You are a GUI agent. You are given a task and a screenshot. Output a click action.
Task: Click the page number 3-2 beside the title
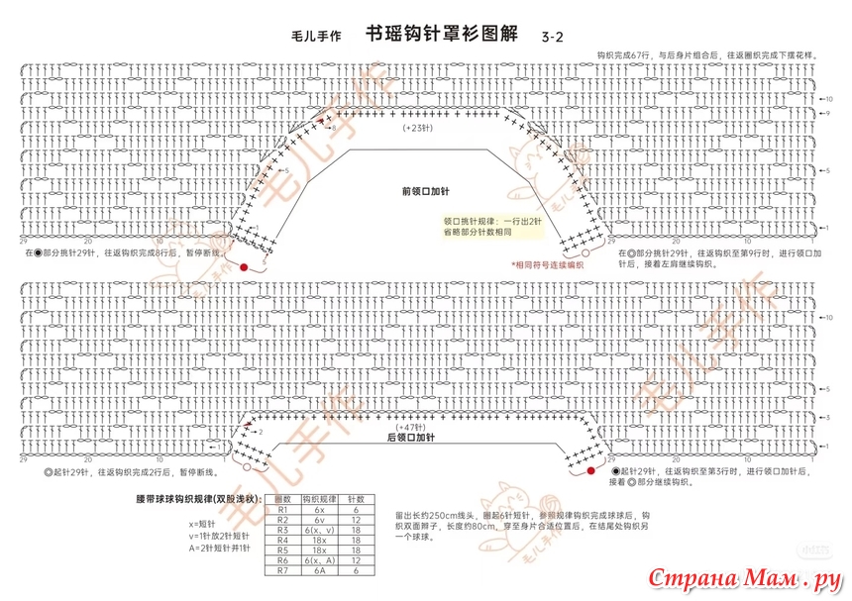click(552, 37)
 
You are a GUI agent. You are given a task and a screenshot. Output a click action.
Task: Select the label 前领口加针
click(426, 191)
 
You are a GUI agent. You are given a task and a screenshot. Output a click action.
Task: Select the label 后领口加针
click(412, 437)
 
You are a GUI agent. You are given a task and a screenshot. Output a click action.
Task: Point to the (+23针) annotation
click(419, 129)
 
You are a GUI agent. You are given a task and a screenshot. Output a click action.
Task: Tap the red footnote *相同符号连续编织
click(547, 264)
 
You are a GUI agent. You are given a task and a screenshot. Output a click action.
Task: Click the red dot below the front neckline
click(243, 267)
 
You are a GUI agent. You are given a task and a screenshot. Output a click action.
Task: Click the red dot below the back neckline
click(591, 472)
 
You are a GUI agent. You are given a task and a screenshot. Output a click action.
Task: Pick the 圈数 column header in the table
click(281, 500)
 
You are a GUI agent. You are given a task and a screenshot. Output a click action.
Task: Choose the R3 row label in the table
click(281, 531)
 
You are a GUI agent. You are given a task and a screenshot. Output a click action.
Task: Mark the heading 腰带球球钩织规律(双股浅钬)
click(197, 499)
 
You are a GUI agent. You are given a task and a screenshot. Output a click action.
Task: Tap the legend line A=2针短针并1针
click(219, 548)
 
